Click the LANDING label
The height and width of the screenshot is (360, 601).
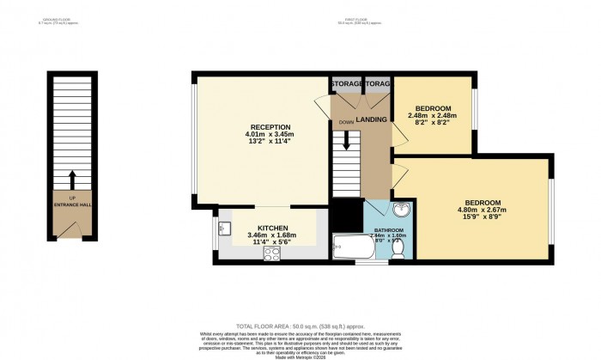click(371, 119)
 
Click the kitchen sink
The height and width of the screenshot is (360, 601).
click(225, 229)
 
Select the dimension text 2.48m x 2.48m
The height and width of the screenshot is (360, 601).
click(433, 115)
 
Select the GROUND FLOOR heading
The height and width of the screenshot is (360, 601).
click(54, 19)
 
